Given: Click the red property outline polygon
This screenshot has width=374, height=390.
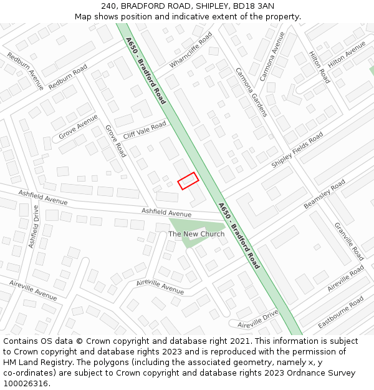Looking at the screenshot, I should (188, 181).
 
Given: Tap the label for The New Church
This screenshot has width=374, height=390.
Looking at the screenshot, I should (196, 234).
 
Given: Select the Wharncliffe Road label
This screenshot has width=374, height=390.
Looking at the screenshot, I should (191, 50).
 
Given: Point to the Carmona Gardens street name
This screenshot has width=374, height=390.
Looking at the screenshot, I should (251, 92).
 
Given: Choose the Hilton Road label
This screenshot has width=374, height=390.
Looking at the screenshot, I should (319, 67).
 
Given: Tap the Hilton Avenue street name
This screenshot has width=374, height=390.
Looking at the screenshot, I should (347, 54).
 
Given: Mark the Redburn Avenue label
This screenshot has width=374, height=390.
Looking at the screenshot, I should (25, 71).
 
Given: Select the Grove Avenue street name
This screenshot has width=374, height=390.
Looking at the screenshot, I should (78, 127).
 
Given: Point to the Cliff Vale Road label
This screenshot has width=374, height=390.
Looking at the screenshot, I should (145, 130).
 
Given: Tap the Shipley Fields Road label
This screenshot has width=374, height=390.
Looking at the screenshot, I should (297, 150).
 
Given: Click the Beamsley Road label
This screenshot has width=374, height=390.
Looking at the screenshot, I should (324, 195).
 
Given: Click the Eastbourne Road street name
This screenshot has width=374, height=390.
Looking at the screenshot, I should (340, 312).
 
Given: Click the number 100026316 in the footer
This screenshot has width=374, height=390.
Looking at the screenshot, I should (26, 383).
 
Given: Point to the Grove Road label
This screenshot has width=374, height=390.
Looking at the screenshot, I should (115, 141).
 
